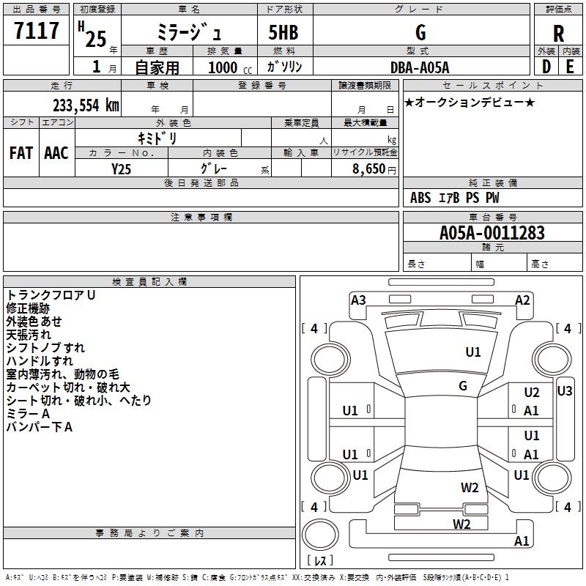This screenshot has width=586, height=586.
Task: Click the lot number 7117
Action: [x=37, y=31]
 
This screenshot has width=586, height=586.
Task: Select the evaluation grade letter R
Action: [x=559, y=34]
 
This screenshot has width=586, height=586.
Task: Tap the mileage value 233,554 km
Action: [x=86, y=105]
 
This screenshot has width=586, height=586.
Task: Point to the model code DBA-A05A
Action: [x=420, y=67]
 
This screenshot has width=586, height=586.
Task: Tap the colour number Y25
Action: [x=122, y=168]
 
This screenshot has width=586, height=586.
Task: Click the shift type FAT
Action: [x=21, y=153]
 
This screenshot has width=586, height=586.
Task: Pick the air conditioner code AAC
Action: [x=56, y=153]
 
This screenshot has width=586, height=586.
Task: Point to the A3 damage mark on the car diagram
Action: [x=358, y=300]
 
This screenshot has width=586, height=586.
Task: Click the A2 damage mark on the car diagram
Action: [x=522, y=300]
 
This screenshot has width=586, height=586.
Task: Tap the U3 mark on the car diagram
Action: [x=564, y=391]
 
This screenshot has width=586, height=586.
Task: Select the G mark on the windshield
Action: [x=463, y=386]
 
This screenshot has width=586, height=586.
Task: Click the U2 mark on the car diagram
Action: [x=531, y=393]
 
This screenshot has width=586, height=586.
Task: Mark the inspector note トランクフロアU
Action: [x=51, y=294]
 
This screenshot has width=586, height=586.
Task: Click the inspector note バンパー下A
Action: [x=40, y=427]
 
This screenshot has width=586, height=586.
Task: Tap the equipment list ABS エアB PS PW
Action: [x=455, y=198]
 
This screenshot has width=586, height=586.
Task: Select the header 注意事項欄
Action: [x=201, y=218]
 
